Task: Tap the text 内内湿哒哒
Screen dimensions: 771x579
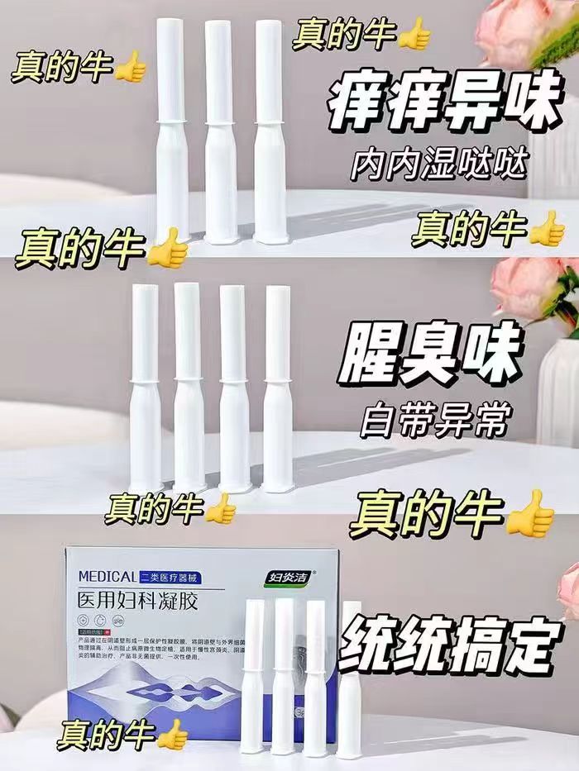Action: [437, 165]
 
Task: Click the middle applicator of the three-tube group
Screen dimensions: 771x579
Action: [220, 132]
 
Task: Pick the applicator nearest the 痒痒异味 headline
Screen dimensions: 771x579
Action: [270, 132]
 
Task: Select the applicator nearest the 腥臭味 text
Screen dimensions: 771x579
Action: [278, 388]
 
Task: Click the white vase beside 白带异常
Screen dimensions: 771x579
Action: [558, 388]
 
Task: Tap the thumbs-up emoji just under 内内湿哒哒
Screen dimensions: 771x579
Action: [547, 229]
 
